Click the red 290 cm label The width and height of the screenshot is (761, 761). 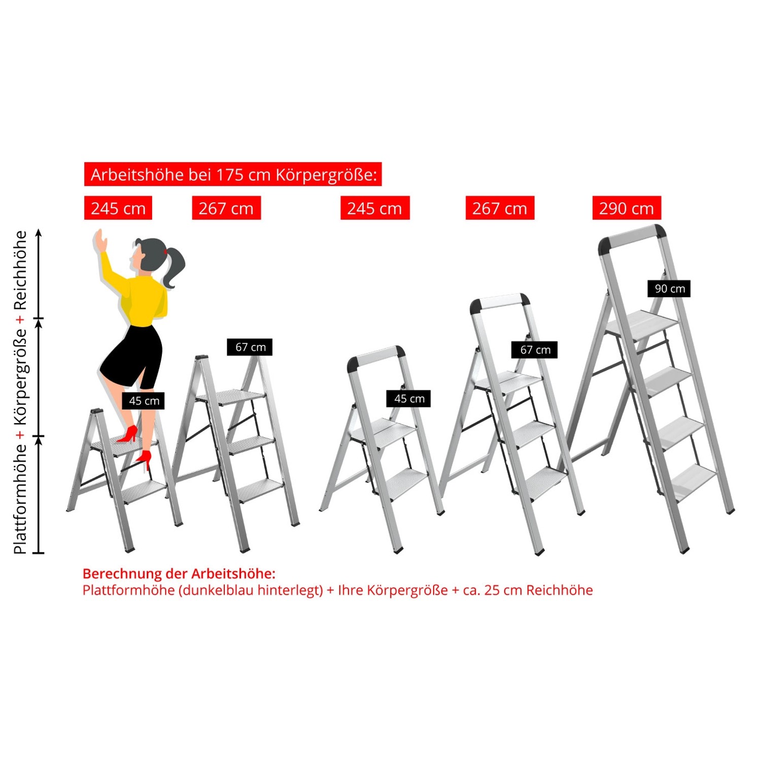click(627, 208)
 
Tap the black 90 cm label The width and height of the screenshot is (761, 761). click(669, 289)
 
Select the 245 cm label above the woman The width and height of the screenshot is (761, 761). click(118, 208)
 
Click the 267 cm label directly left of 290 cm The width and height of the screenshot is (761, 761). click(500, 208)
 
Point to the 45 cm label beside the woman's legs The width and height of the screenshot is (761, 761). click(144, 401)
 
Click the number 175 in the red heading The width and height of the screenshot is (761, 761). click(229, 175)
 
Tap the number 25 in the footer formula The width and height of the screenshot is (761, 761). click(492, 590)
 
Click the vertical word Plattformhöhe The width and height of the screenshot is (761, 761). click(20, 499)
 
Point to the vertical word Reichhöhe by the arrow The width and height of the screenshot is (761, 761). click(20, 270)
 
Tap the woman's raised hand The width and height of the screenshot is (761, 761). click(100, 239)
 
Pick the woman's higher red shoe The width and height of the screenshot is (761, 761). click(128, 434)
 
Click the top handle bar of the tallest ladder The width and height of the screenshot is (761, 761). click(632, 237)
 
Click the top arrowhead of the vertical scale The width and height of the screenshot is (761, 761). click(39, 233)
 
